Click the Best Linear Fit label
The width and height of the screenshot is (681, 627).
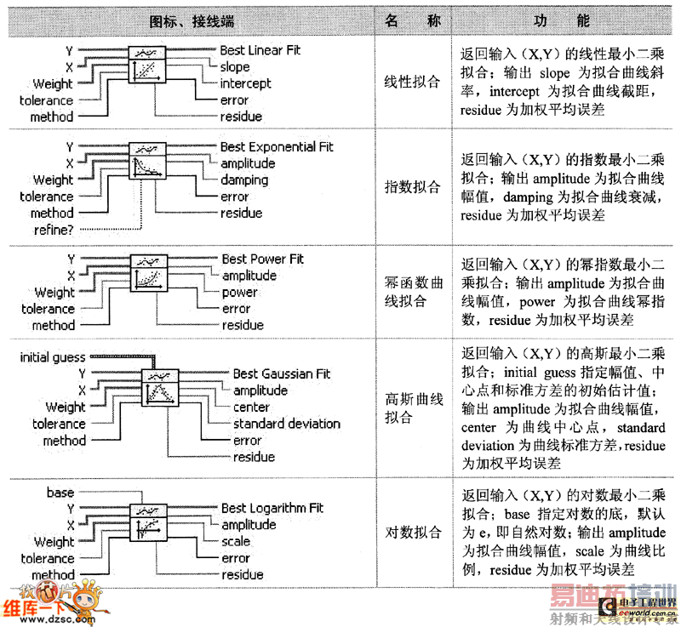coord(260,50)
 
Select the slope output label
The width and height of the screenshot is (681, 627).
coord(235,66)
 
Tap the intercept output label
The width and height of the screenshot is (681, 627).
coord(245,83)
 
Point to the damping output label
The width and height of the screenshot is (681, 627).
coord(244,180)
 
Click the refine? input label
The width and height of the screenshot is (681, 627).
coord(53,230)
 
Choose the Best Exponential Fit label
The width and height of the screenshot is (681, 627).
coord(277,146)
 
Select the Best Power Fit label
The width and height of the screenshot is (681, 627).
coord(262,259)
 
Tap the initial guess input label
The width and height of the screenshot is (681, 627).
coord(53,358)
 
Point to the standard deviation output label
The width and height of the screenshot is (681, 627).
coord(286,424)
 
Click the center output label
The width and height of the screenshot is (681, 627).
coord(251,407)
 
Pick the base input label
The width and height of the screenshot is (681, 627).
coord(60,493)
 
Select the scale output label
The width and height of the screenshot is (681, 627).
coord(236,541)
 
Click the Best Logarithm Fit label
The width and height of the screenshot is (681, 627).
coord(272,508)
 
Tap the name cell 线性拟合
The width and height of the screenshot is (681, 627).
coord(413,83)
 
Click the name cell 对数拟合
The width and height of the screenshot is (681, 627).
coord(413,533)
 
